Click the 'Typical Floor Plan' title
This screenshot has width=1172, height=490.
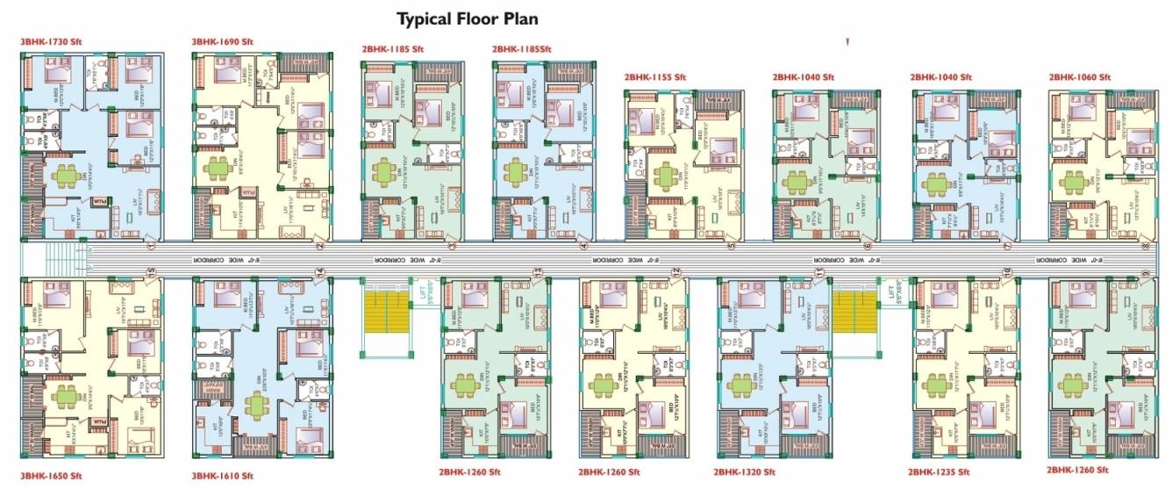pyautogui.click(x=467, y=18)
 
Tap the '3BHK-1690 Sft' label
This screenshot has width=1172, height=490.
pyautogui.click(x=222, y=41)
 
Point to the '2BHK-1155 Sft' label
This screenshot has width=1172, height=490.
pyautogui.click(x=654, y=77)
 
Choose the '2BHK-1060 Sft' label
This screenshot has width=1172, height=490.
pyautogui.click(x=1079, y=77)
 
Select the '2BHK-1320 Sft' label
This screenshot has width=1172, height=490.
pyautogui.click(x=744, y=472)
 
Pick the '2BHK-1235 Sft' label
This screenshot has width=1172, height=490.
pyautogui.click(x=939, y=472)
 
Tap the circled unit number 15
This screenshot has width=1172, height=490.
pyautogui.click(x=151, y=272)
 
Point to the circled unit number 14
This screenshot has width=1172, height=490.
pyautogui.click(x=320, y=272)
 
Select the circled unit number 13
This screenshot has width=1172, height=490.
pyautogui.click(x=538, y=272)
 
